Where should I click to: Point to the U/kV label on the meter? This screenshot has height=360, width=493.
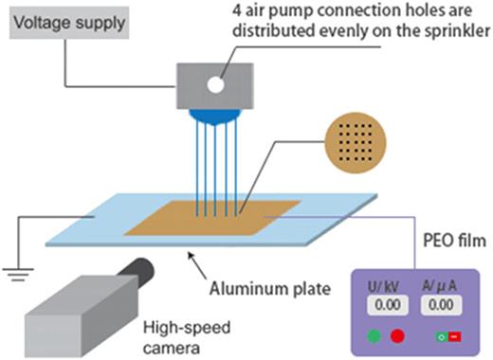pos(387,284)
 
